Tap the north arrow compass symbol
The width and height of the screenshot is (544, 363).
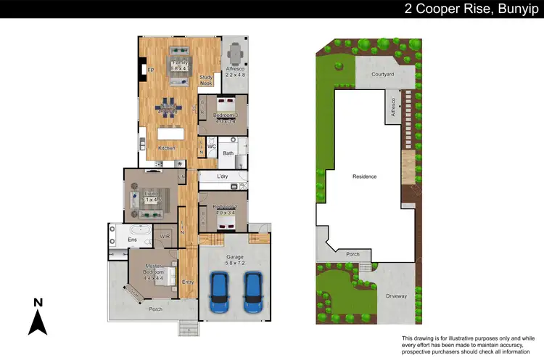click(x=38, y=317)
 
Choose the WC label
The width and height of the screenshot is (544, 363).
click(x=212, y=147)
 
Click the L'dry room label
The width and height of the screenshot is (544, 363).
click(x=223, y=176)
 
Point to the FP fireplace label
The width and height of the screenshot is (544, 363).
click(x=151, y=70)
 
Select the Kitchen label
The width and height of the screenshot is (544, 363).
click(x=168, y=149)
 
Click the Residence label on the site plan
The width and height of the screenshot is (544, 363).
click(x=365, y=176)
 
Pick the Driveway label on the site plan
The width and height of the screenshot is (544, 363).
click(x=396, y=296)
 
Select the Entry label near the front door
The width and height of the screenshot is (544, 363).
click(x=188, y=282)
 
